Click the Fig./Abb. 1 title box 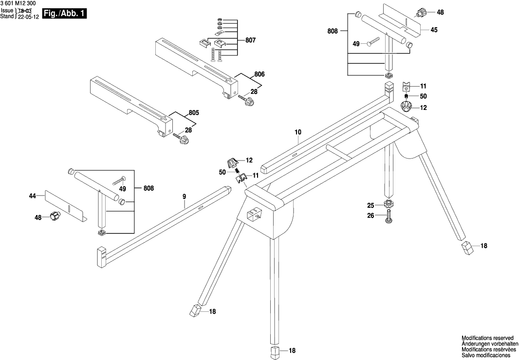tap(64, 14)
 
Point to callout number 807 tap(250, 41)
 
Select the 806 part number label tap(259, 74)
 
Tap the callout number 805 tap(194, 113)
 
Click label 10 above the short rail tap(298, 131)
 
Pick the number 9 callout tap(185, 196)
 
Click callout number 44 tap(33, 196)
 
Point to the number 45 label tap(434, 30)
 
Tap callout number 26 tap(371, 215)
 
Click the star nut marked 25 tap(388, 204)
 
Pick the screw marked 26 tap(388, 216)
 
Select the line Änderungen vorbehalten tap(487, 343)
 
